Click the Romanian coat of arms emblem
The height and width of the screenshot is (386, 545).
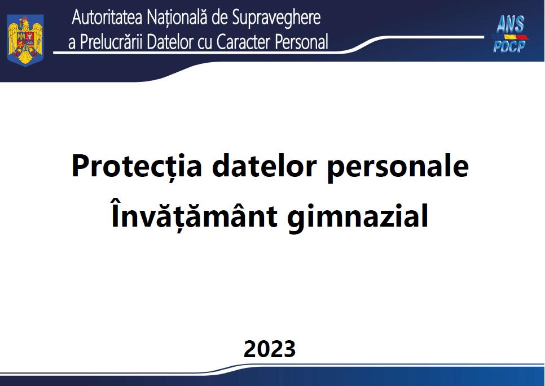(x=25, y=40)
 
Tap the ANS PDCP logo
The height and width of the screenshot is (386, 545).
(x=510, y=34)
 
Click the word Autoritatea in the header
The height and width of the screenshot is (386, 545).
(x=107, y=18)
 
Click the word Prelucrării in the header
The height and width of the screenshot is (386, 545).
(x=112, y=42)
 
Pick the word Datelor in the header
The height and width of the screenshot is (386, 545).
(x=170, y=42)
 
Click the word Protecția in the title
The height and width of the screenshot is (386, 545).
(x=137, y=166)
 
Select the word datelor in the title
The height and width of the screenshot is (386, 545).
(x=264, y=166)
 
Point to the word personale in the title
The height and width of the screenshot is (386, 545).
(x=398, y=168)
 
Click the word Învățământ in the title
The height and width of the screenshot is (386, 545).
(x=194, y=215)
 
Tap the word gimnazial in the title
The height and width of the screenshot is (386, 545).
(x=358, y=217)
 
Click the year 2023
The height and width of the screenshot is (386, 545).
(x=269, y=349)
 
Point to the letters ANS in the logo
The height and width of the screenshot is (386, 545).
(x=510, y=24)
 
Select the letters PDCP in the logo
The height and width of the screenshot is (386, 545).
(x=509, y=46)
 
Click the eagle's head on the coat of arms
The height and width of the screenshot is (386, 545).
(x=24, y=24)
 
